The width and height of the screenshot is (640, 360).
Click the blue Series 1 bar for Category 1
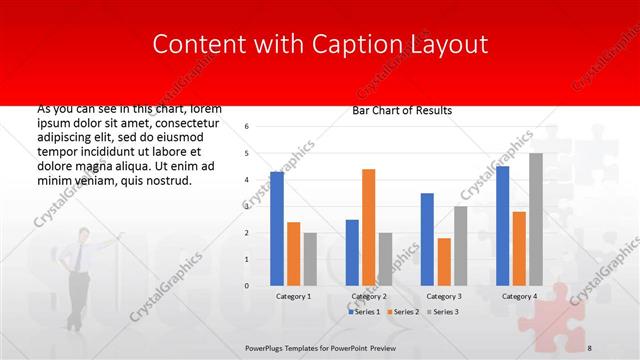click(x=277, y=229)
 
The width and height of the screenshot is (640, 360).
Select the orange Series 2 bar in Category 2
click(x=368, y=227)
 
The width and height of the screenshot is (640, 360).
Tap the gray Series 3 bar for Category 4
click(x=536, y=219)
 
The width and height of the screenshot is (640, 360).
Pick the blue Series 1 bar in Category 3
click(x=427, y=239)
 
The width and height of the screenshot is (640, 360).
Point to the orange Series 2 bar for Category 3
click(x=444, y=262)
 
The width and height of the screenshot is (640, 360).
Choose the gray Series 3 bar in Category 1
click(x=310, y=259)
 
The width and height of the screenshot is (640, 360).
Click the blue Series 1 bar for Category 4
click(x=502, y=226)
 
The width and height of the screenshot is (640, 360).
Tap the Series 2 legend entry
click(x=404, y=312)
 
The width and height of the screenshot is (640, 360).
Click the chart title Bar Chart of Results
click(x=403, y=110)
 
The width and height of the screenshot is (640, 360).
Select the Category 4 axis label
click(x=519, y=297)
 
